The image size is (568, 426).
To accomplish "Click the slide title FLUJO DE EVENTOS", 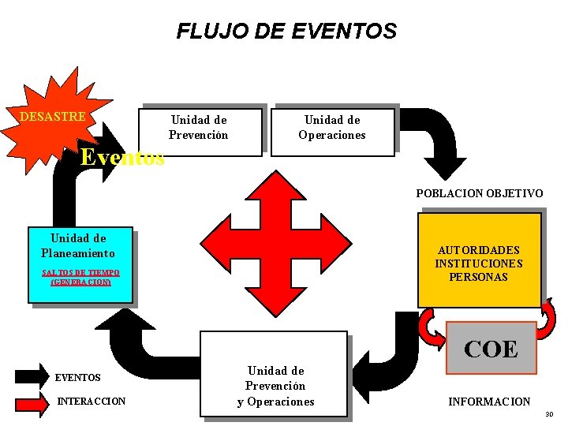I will pos(286,32).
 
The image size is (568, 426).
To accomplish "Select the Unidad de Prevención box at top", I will pos(199,128).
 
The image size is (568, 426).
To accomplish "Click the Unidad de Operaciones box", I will pos(332,128).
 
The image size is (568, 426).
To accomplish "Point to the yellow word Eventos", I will pos(123,158).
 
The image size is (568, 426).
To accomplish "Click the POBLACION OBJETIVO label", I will pos(480,193).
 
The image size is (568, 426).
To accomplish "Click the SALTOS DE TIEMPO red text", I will pos(80,277).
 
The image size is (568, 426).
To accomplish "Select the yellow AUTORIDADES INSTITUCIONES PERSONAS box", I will pos(479,262).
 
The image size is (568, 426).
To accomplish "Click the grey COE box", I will pos(491,348).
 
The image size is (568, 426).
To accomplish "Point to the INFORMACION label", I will pos(489,402).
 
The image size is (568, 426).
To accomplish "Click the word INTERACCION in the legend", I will pos(92,402).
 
